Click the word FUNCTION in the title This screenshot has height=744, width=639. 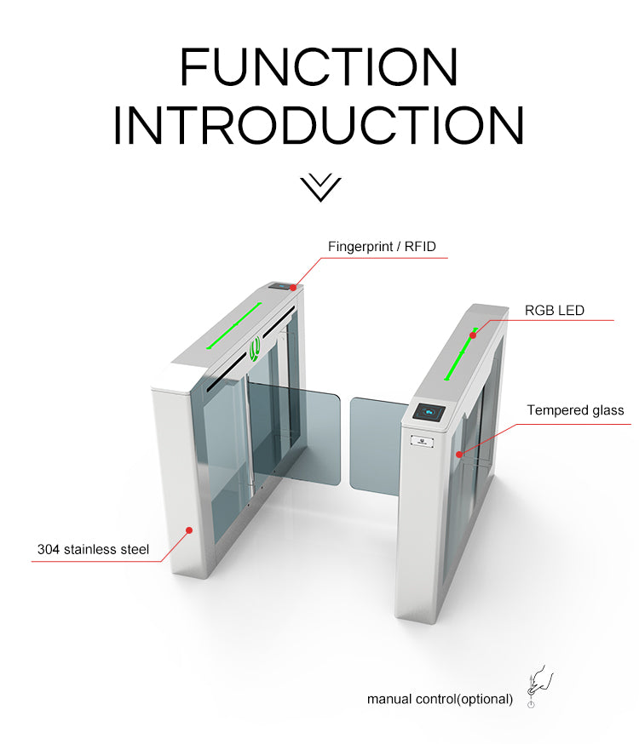click(x=319, y=66)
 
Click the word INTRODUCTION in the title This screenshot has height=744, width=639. click(x=319, y=125)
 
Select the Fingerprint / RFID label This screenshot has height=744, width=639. click(x=382, y=247)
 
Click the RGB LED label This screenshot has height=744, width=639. click(x=554, y=311)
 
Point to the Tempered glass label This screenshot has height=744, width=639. click(x=575, y=410)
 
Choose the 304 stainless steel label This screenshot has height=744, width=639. click(x=93, y=549)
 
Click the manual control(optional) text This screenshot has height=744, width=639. click(x=440, y=699)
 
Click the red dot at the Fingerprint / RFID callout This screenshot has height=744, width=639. click(x=293, y=288)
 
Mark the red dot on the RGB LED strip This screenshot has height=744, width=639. click(x=473, y=335)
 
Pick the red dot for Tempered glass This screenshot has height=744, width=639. click(x=459, y=455)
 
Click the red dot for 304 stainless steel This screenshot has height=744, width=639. click(x=189, y=530)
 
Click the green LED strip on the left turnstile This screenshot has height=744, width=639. click(x=233, y=325)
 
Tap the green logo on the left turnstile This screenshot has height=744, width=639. click(x=255, y=349)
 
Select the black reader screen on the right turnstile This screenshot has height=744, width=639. click(x=429, y=412)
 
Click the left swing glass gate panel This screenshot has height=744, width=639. click(x=294, y=433)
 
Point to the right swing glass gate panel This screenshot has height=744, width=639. click(x=377, y=447)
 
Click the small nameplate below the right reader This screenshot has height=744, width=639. click(x=422, y=442)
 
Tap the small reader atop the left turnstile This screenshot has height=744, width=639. click(x=280, y=286)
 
